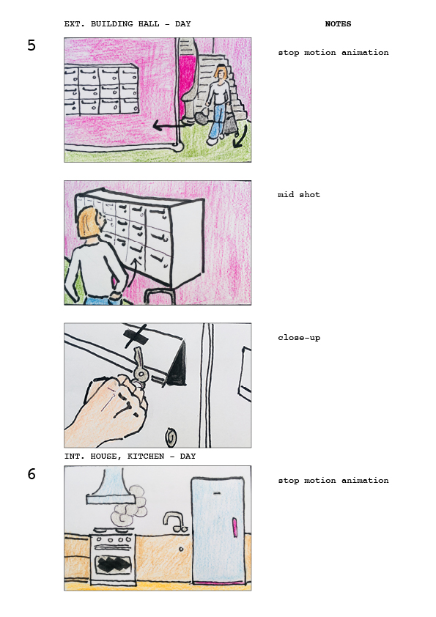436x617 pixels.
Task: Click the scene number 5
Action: [x=32, y=45]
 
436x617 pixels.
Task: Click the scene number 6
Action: [x=32, y=474]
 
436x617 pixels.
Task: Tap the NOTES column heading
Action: [x=338, y=23]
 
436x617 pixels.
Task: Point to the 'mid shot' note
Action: [x=299, y=194]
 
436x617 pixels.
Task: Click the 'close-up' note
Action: [x=299, y=337]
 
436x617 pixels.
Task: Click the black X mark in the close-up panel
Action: [x=136, y=336]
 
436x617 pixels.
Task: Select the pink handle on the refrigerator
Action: [x=235, y=528]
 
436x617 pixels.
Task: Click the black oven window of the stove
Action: [x=114, y=565]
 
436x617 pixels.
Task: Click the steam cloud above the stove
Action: [x=129, y=506]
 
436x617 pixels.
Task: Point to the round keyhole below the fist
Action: [x=171, y=437]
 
